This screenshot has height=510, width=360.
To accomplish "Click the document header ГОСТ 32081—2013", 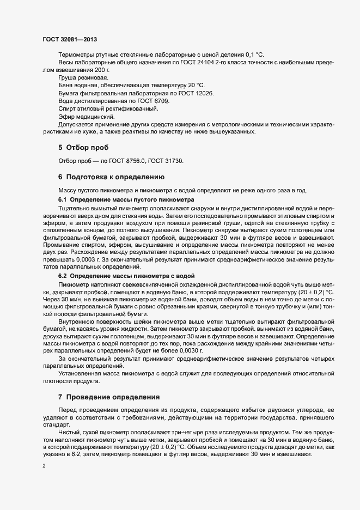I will [x=70, y=39].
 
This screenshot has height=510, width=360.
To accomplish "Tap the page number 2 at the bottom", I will [x=44, y=466].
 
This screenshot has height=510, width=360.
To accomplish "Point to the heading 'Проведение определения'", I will [x=112, y=397].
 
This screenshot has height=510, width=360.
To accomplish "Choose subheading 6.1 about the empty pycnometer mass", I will [x=126, y=200].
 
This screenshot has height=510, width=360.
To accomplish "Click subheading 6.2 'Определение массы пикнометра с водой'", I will [x=133, y=276].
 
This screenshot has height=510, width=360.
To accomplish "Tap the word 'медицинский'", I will [x=95, y=117].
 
